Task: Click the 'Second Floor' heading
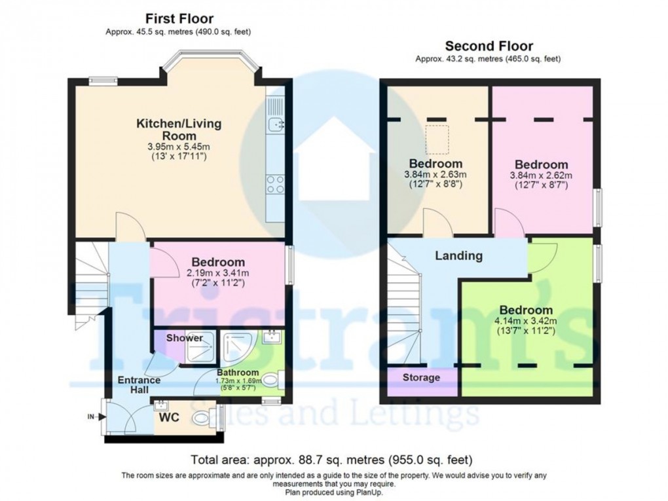click(489, 46)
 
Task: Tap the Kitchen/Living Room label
click(178, 130)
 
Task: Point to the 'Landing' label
click(458, 256)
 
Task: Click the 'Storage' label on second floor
click(420, 378)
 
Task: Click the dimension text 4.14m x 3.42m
click(526, 321)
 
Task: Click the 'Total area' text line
click(331, 460)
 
